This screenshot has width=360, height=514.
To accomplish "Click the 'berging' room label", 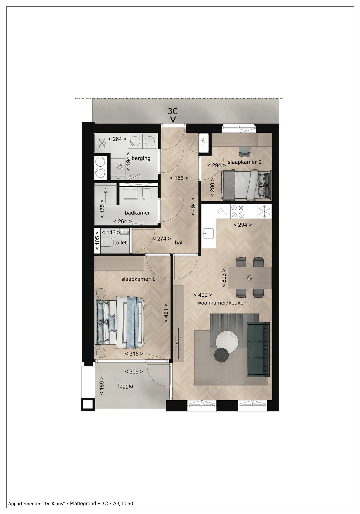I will [x=141, y=158].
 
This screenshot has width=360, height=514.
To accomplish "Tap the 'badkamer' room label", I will [x=137, y=213].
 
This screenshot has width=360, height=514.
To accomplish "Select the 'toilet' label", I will [x=120, y=243].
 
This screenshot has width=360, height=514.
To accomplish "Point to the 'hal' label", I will [x=179, y=243].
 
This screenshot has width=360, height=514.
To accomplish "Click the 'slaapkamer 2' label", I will [x=245, y=162].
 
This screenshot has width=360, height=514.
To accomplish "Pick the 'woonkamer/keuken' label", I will [x=222, y=303].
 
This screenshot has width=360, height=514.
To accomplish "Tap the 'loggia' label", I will [x=125, y=386].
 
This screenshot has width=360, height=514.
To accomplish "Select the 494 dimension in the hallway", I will [x=193, y=210].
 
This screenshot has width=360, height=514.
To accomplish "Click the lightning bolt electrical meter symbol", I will [x=204, y=144].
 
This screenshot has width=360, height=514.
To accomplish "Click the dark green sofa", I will [x=258, y=349].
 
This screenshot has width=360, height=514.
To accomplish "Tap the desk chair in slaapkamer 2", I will [x=245, y=151].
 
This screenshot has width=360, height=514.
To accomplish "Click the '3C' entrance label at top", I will [x=173, y=111].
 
